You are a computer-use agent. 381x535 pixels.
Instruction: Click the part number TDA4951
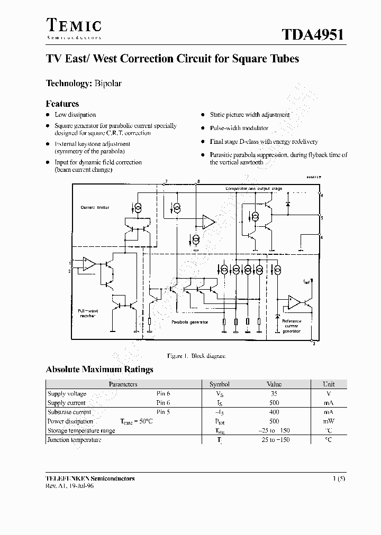pos(313,34)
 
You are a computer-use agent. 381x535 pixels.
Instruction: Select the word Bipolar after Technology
pos(108,84)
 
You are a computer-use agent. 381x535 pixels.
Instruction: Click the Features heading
pos(62,104)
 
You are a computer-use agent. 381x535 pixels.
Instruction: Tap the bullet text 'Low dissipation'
pos(75,115)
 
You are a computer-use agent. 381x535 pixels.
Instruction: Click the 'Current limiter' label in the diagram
pos(95,208)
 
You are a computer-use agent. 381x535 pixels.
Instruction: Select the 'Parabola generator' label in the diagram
pos(189,322)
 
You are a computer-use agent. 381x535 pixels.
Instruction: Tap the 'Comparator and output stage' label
pos(254,188)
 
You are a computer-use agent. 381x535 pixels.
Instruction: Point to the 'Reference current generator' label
pos(291,326)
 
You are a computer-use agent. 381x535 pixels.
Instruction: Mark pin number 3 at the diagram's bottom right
pos(314,345)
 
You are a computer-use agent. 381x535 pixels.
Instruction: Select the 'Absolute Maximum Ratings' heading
pos(99,370)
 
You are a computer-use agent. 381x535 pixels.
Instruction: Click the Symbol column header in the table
pos(220,384)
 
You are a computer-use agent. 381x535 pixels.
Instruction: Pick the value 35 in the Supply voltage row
pos(274,394)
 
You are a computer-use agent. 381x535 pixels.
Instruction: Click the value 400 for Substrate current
pos(274,412)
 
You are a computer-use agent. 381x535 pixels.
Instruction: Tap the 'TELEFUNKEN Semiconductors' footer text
pos(90,478)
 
